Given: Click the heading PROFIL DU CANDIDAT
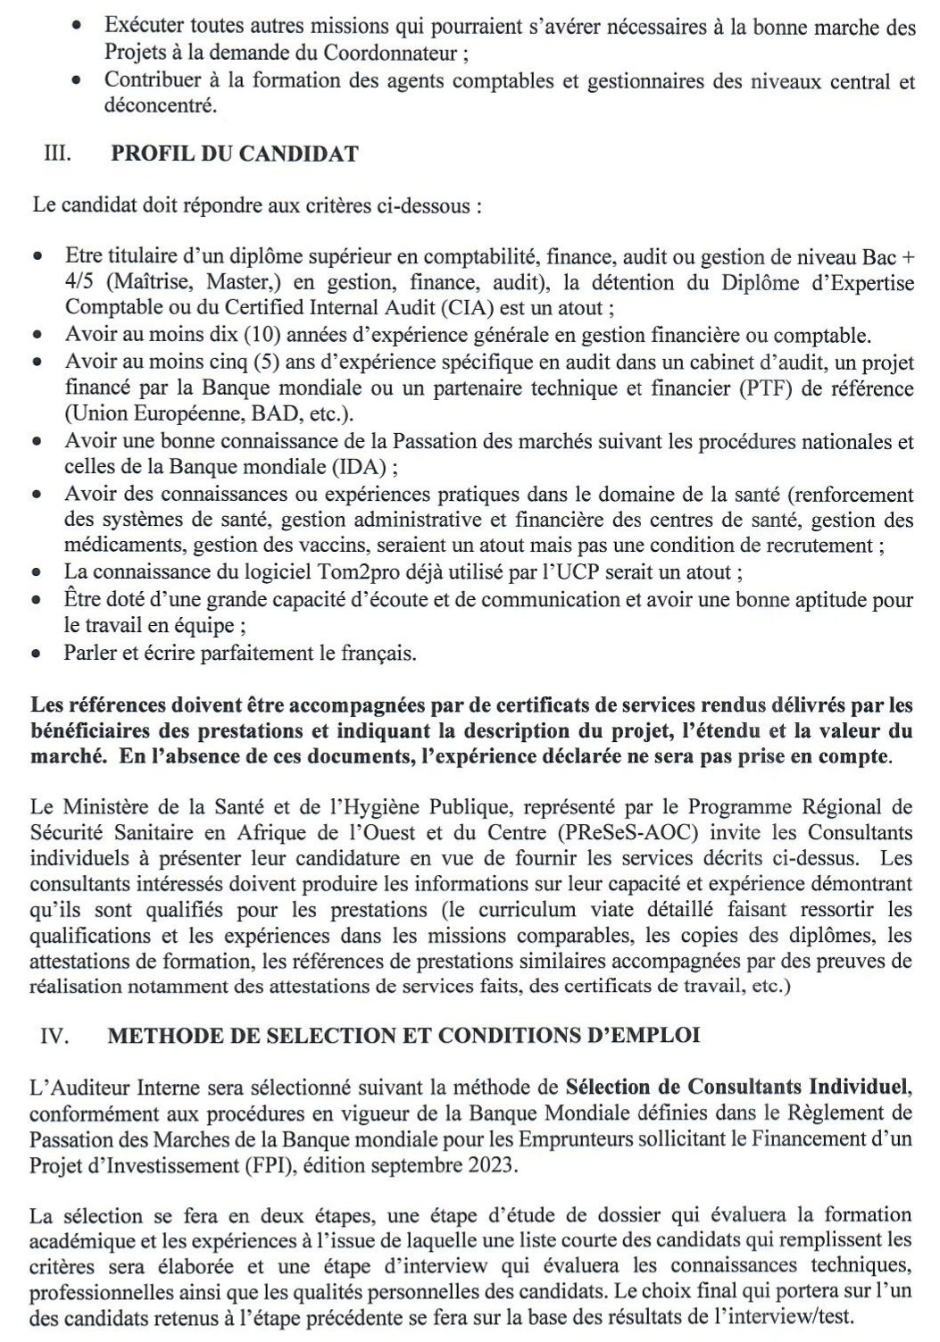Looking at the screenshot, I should (234, 154).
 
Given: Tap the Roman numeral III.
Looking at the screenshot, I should (58, 154).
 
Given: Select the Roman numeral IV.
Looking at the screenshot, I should (56, 1035).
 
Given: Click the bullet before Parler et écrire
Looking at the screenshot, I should (36, 654).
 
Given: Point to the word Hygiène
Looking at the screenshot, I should (361, 807).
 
